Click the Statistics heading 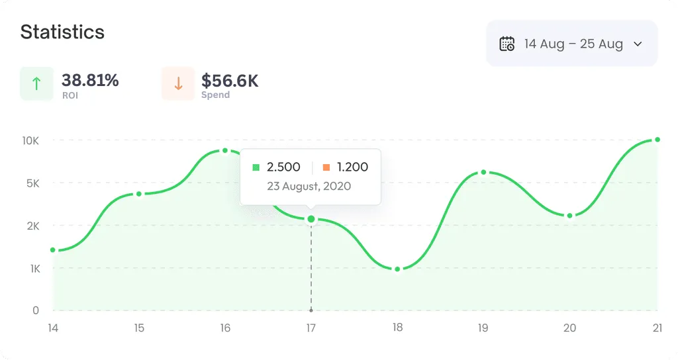[x=62, y=32]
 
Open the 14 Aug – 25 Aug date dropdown [x=572, y=44]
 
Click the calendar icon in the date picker [x=507, y=44]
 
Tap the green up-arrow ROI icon [x=36, y=83]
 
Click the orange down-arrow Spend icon [x=178, y=83]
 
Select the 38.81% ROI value [x=90, y=81]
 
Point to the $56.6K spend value [x=230, y=81]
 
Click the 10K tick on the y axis [x=30, y=140]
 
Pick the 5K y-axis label [x=32, y=183]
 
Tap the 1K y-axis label [x=32, y=268]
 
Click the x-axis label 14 [x=53, y=328]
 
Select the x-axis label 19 [x=483, y=328]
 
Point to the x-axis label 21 [x=657, y=328]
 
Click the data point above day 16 [x=225, y=151]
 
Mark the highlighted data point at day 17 [x=311, y=218]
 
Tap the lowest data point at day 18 [x=397, y=269]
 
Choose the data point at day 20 [x=569, y=216]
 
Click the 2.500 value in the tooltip [x=283, y=167]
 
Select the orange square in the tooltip [x=326, y=167]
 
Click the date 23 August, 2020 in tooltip [x=309, y=186]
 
